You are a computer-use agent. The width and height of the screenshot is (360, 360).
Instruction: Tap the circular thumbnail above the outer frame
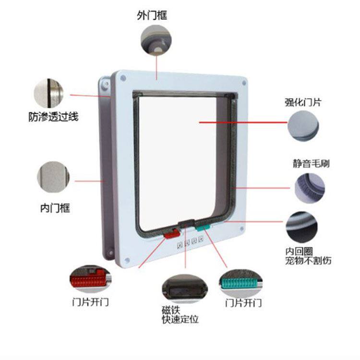point(155,40)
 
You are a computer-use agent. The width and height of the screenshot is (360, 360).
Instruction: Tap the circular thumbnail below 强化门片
point(303,126)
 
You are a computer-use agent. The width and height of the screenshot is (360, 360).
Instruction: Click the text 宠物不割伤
point(308,261)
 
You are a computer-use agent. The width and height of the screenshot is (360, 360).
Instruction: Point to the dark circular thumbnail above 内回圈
point(302,227)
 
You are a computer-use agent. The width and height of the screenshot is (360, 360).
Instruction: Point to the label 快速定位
point(180,319)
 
